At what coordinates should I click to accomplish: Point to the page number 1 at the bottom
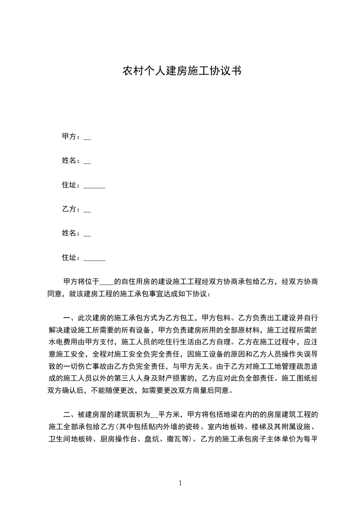tap(180, 483)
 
